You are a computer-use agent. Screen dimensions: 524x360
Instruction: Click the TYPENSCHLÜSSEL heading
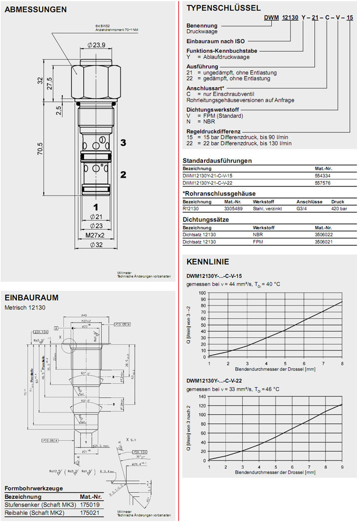tap(223, 8)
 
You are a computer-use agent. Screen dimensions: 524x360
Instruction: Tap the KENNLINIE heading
tap(207, 262)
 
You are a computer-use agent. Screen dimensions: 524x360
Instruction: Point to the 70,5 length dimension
tap(40, 149)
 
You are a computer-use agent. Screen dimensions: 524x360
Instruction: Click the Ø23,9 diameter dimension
tap(96, 45)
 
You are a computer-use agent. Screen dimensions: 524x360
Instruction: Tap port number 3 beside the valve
tap(123, 143)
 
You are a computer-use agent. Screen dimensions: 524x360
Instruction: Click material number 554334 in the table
tap(322, 176)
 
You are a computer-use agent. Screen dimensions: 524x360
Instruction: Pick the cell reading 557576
tap(322, 183)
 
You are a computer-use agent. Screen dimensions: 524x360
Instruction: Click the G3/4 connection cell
tap(303, 209)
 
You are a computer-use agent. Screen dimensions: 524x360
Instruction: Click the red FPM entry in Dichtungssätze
tap(259, 242)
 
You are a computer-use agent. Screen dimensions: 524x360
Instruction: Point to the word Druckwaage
tap(202, 32)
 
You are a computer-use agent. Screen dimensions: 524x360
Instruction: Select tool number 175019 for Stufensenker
tap(90, 505)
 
